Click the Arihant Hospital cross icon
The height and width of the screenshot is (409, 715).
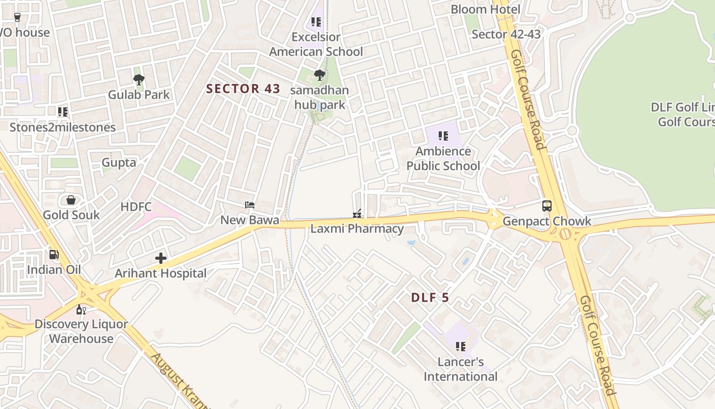[161, 258]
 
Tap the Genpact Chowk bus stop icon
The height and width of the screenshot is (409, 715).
[547, 206]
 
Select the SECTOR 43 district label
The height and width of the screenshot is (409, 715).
[243, 88]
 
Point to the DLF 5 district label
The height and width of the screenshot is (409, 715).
[430, 298]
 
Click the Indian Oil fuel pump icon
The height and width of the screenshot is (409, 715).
[54, 254]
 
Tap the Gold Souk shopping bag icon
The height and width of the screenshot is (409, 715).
[71, 200]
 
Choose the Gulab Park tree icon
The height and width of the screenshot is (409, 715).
[138, 79]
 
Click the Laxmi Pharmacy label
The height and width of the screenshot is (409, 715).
[357, 229]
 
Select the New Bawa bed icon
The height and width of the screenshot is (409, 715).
[250, 205]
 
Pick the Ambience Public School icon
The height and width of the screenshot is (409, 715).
[443, 136]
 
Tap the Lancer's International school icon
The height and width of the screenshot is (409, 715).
[461, 347]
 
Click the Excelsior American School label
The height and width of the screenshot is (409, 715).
[316, 44]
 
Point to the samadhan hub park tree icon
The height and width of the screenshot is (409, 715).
[320, 76]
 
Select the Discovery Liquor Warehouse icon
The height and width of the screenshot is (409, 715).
[81, 309]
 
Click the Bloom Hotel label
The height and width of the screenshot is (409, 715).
[485, 9]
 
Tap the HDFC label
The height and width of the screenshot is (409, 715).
[136, 207]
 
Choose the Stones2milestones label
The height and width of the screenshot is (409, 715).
[63, 127]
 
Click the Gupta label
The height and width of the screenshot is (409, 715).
[119, 163]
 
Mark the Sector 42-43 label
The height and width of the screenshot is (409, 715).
[506, 34]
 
